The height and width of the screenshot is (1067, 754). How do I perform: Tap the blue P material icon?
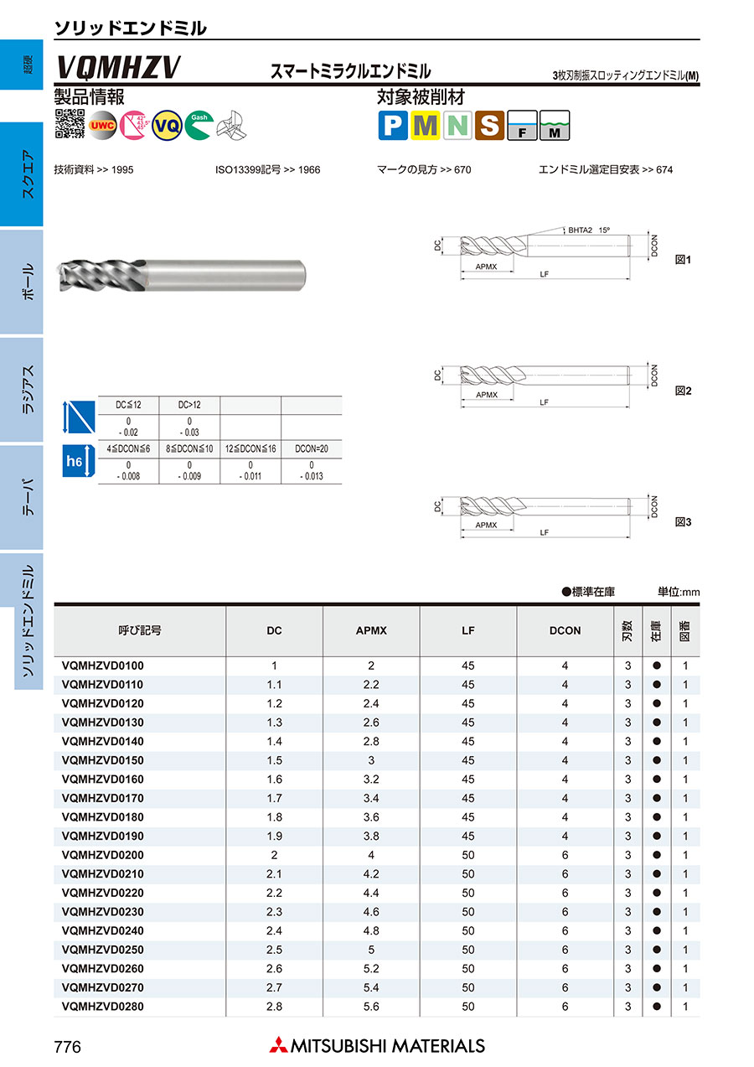tap(392, 126)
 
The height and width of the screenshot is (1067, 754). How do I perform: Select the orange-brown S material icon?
tap(489, 126)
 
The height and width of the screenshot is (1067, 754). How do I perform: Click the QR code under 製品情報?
tap(70, 124)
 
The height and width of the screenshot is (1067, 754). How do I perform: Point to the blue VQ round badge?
tap(168, 125)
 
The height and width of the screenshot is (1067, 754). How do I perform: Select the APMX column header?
tap(371, 630)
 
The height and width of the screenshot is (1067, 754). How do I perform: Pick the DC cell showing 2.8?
tap(274, 1007)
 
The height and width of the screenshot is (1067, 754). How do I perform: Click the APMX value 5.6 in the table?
tap(371, 1007)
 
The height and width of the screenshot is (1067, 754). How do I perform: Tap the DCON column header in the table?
tap(565, 630)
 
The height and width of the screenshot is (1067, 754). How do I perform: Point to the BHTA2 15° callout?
tap(589, 229)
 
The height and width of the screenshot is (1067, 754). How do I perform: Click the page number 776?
tap(67, 1046)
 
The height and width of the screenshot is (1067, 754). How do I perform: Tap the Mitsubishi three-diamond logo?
tap(277, 1045)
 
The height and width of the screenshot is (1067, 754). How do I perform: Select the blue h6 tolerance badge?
tap(75, 461)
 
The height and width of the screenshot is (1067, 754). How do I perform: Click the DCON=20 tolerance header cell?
tap(312, 449)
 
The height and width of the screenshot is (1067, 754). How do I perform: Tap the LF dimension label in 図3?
tap(544, 532)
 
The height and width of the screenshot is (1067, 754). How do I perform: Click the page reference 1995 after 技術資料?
tap(121, 170)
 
